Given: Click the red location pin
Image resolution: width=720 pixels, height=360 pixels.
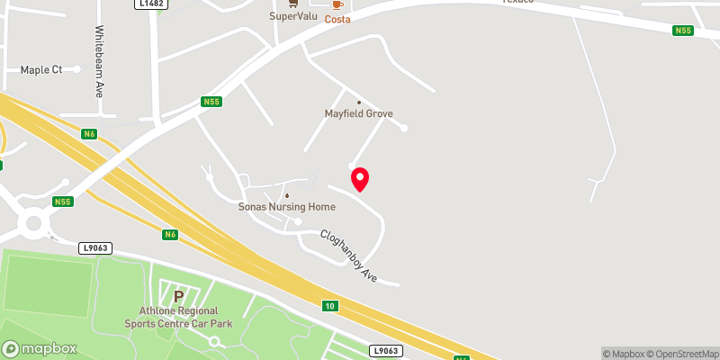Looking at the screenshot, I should pyautogui.click(x=360, y=179).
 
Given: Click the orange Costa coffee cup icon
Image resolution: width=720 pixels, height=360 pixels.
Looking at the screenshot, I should pyautogui.click(x=337, y=4).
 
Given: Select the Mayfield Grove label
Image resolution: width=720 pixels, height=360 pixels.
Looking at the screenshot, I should pyautogui.click(x=359, y=113).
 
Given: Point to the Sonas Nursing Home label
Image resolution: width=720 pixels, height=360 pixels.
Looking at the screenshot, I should pyautogui.click(x=286, y=206).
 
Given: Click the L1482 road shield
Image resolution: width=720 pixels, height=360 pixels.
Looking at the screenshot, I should pyautogui.click(x=152, y=4).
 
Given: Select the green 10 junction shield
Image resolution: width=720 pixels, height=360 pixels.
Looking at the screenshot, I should pyautogui.click(x=331, y=306).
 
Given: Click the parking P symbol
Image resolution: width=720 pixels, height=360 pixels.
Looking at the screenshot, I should pyautogui.click(x=178, y=295).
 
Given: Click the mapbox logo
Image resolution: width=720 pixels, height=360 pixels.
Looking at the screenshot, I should pyautogui.click(x=40, y=348).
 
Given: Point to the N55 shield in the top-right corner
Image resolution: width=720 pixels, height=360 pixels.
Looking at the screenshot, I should pyautogui.click(x=683, y=31).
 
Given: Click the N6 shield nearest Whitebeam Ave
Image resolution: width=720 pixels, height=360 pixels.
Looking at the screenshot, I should pyautogui.click(x=88, y=134).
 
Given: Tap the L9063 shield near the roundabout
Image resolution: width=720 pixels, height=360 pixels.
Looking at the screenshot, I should pyautogui.click(x=94, y=247).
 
